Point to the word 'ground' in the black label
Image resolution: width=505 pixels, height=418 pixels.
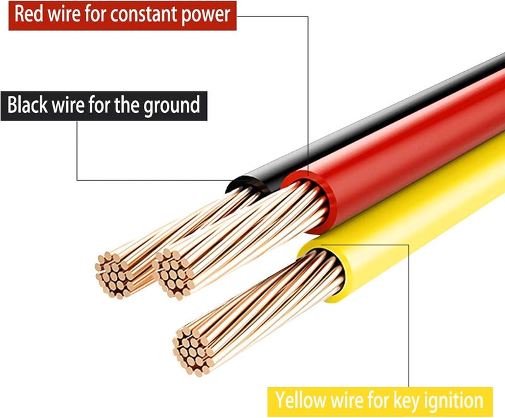(x=172, y=106)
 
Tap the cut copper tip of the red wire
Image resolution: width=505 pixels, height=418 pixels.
(x=173, y=274)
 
